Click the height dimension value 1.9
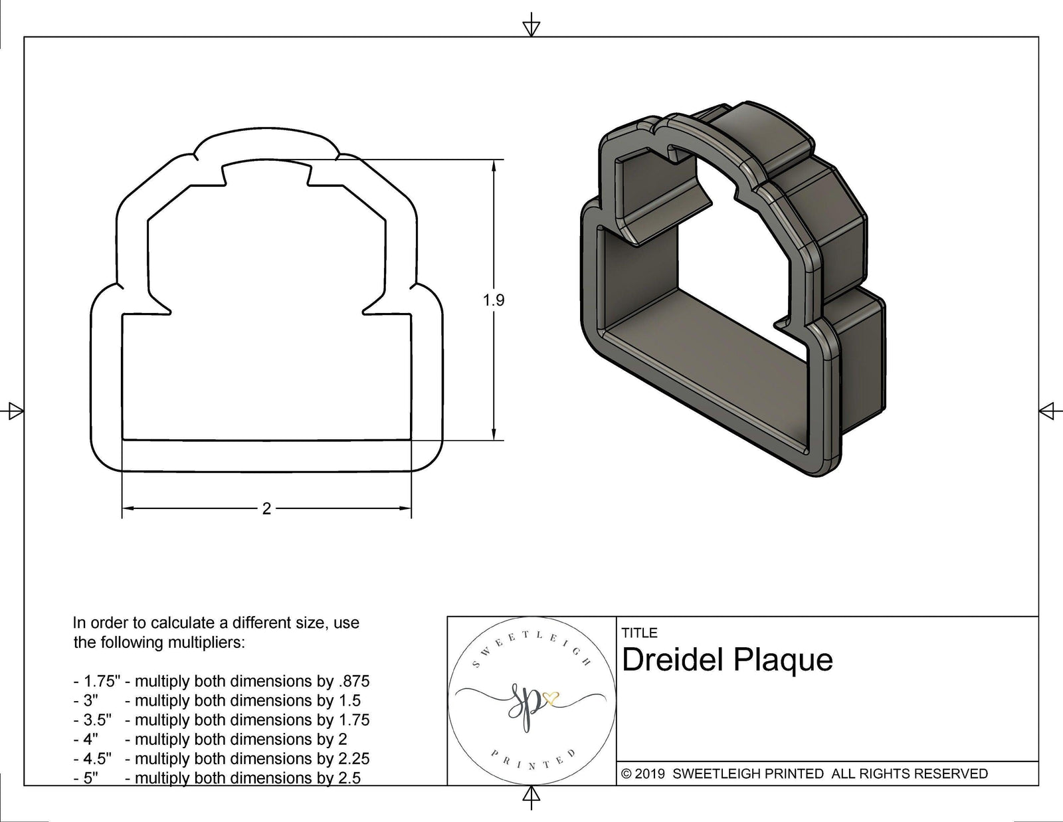494,300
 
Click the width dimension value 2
266,509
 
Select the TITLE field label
639,633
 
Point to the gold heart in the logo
551,698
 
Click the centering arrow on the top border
531,27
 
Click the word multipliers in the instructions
207,643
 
